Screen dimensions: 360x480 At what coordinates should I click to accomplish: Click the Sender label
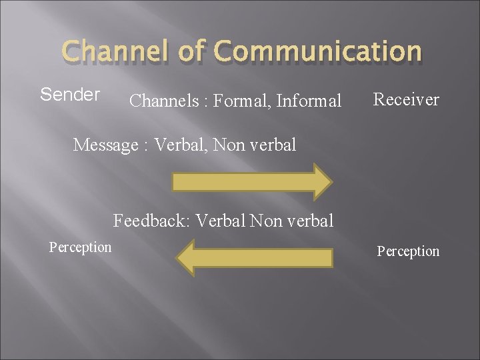coord(70,95)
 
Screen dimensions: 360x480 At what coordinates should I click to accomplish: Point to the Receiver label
coord(406,99)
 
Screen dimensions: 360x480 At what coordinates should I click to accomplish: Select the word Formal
coord(237,101)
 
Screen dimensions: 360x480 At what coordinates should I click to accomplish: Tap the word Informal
coord(309,101)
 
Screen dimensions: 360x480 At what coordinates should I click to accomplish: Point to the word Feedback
coord(148,220)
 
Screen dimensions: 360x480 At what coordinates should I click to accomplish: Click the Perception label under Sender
coord(80,247)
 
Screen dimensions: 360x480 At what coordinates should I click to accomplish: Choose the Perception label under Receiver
coord(408,251)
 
